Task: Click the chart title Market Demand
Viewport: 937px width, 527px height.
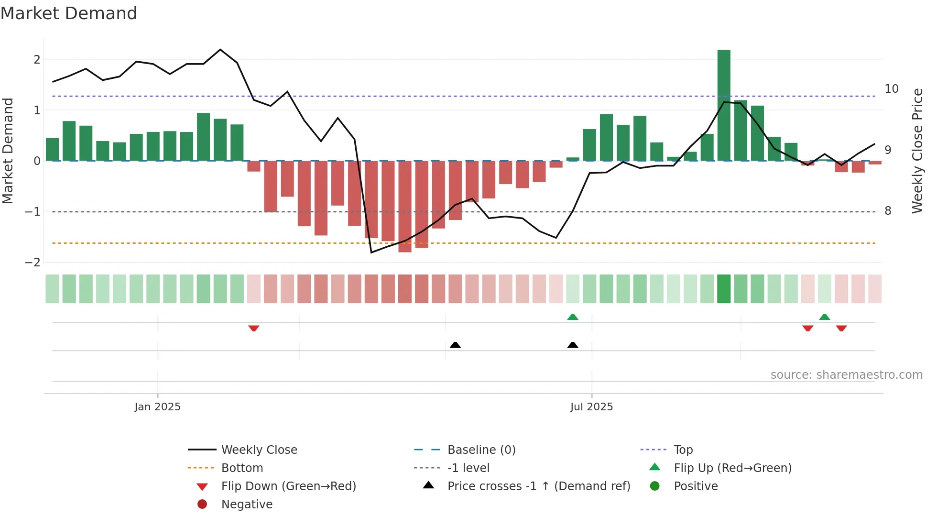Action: (69, 13)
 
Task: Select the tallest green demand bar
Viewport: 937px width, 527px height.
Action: (724, 105)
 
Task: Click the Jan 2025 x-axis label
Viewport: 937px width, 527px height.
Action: (157, 407)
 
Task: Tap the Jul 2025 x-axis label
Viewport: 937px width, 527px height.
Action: (591, 407)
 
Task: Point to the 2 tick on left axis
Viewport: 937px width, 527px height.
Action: (37, 60)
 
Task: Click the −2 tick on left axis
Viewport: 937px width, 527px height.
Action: (33, 263)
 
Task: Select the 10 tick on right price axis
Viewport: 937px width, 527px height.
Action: (891, 89)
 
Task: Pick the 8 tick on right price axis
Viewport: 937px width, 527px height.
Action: (888, 211)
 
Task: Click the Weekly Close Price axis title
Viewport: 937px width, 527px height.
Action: (917, 151)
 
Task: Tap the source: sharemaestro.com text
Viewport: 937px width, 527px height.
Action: (846, 375)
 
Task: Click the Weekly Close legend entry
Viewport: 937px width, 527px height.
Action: (259, 450)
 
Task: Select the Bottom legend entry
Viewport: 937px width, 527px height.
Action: (242, 468)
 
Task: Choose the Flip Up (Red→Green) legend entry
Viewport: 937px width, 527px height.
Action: (732, 468)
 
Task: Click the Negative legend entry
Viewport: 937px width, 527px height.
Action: (247, 505)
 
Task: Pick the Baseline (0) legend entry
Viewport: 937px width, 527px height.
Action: (481, 450)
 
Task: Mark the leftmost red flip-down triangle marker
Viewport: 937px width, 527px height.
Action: (254, 328)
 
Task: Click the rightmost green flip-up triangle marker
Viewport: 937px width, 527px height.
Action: (824, 317)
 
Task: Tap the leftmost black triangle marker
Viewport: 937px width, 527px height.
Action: (455, 345)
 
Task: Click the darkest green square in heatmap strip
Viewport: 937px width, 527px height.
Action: (724, 289)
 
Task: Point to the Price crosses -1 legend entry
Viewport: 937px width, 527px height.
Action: (538, 486)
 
